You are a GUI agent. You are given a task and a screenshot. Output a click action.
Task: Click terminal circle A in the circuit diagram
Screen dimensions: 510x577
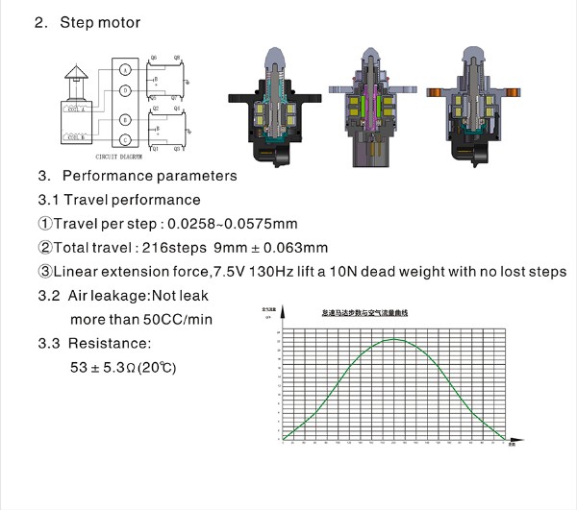point(125,70)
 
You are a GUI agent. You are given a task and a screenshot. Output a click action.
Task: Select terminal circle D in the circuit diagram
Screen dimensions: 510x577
point(125,91)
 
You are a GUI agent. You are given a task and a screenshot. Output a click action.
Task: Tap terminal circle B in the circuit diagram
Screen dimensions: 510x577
point(125,119)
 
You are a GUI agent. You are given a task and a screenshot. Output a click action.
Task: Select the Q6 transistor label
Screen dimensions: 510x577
point(152,59)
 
